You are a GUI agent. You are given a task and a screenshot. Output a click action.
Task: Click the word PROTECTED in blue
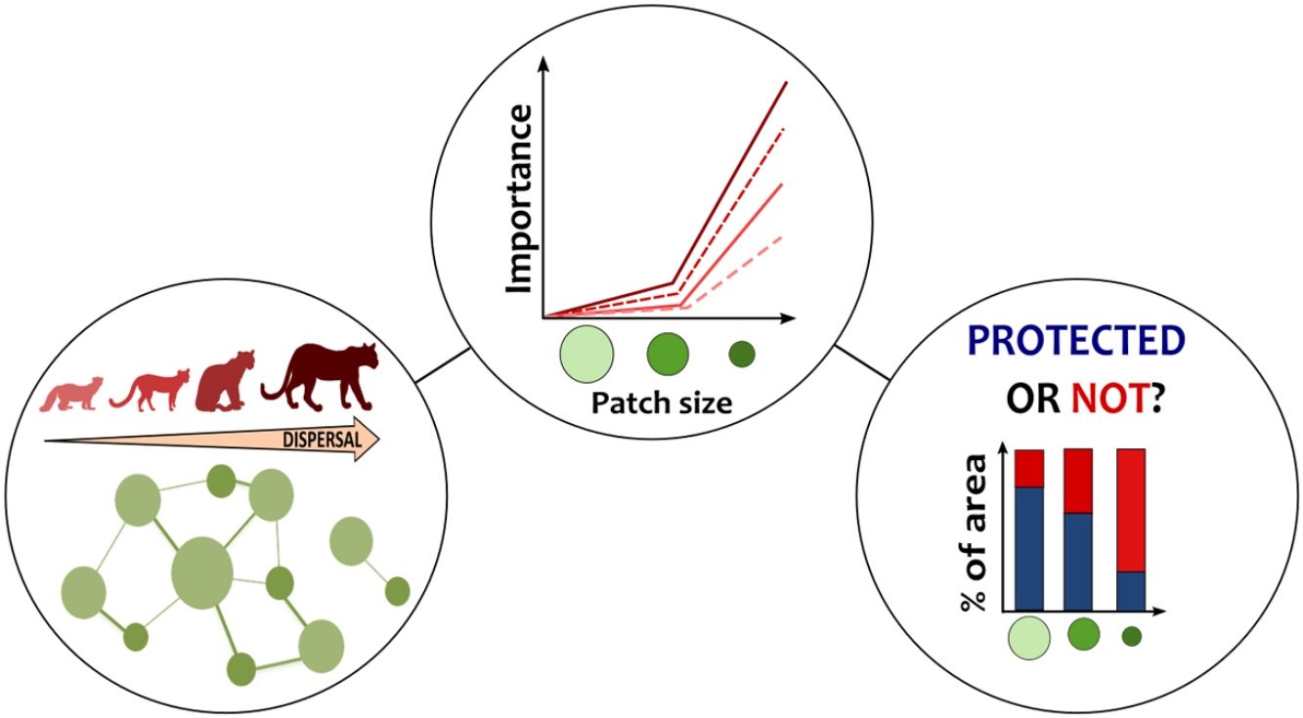tap(1074, 342)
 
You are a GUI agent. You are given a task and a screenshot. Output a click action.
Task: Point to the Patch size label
tap(661, 402)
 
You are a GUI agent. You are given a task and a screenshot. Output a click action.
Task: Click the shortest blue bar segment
tap(1131, 591)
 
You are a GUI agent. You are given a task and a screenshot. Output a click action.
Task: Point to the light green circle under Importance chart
tap(586, 354)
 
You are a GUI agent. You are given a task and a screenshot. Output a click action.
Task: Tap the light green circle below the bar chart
tap(1028, 637)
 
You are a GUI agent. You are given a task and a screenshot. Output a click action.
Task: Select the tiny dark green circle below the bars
tap(1132, 637)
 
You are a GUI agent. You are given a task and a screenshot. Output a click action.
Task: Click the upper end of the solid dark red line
tap(786, 83)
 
